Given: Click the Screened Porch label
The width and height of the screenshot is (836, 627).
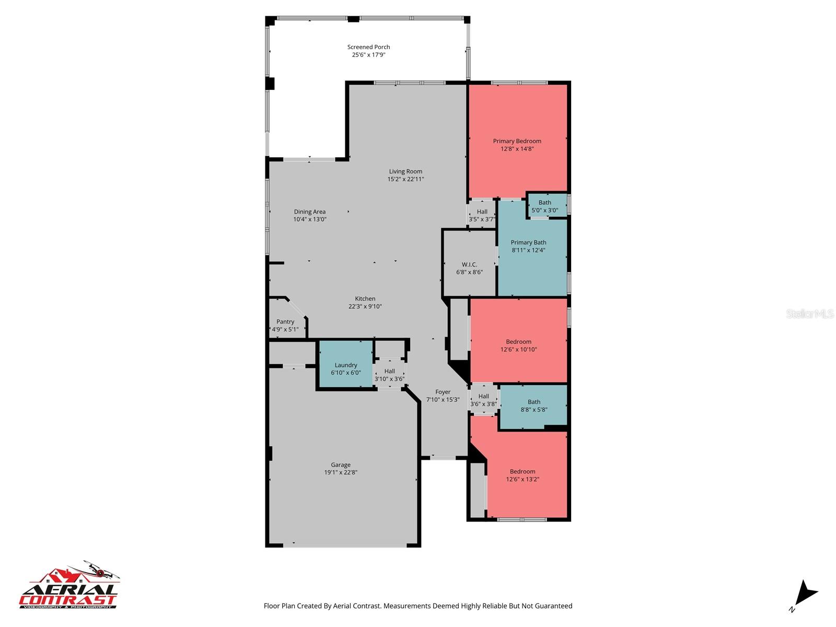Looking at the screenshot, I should [x=368, y=47].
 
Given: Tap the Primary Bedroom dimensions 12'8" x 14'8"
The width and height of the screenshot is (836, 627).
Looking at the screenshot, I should [x=517, y=149].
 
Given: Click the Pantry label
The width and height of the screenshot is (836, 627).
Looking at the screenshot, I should [x=285, y=322].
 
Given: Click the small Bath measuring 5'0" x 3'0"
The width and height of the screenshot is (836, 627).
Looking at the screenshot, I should [x=545, y=206].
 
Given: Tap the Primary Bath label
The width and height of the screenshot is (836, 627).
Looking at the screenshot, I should [x=528, y=242].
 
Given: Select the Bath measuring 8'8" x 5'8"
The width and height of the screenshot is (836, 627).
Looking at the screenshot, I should [x=533, y=406].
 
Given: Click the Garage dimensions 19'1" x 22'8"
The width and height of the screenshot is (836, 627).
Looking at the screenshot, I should [x=340, y=472].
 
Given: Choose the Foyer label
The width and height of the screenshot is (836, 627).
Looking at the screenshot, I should [x=443, y=392].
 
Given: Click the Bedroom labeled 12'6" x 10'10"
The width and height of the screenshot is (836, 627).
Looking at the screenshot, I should [x=518, y=345].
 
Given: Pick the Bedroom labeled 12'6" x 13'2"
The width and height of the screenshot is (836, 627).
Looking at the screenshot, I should [x=522, y=475].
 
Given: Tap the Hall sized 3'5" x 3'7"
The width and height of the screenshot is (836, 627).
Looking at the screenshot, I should [x=482, y=215].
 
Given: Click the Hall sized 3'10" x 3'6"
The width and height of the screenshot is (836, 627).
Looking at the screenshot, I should [x=389, y=375].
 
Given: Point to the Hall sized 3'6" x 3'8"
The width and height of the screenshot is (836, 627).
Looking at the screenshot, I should [x=483, y=400].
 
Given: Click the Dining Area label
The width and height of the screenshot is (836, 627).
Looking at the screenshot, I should [x=309, y=212].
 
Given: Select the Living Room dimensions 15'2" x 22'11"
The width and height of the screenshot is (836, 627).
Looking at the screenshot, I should [x=405, y=179].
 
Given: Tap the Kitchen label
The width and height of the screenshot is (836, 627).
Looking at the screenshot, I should [x=365, y=299].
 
